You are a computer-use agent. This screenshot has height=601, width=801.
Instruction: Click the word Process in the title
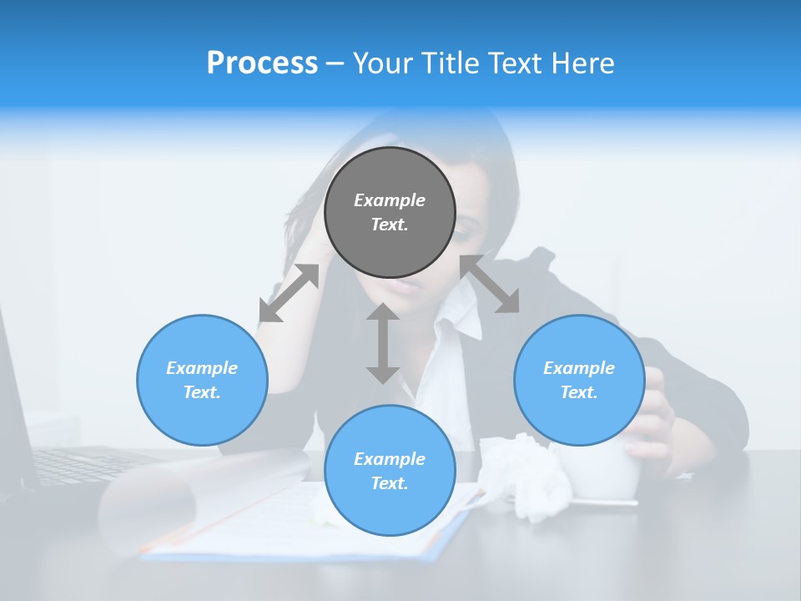pyautogui.click(x=262, y=63)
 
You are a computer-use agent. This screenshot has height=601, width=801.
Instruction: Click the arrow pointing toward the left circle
pyautogui.click(x=289, y=293)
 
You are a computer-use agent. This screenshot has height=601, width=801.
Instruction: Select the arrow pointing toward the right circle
pyautogui.click(x=490, y=284)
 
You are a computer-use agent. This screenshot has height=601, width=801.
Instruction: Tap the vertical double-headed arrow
pyautogui.click(x=383, y=343)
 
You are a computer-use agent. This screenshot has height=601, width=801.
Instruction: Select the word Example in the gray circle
pyautogui.click(x=390, y=200)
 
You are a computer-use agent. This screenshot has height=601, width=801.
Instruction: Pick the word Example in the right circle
pyautogui.click(x=579, y=368)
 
